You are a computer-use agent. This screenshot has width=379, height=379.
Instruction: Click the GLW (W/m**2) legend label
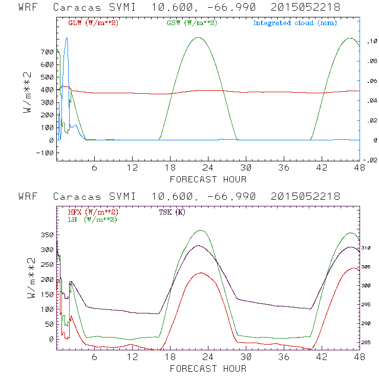(91, 23)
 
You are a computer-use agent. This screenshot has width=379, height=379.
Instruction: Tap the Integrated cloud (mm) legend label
(295, 23)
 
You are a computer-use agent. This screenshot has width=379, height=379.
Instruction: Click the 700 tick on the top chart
(47, 52)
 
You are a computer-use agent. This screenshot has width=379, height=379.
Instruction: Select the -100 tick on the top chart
(45, 153)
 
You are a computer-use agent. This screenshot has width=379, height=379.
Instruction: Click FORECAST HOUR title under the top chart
(208, 179)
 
